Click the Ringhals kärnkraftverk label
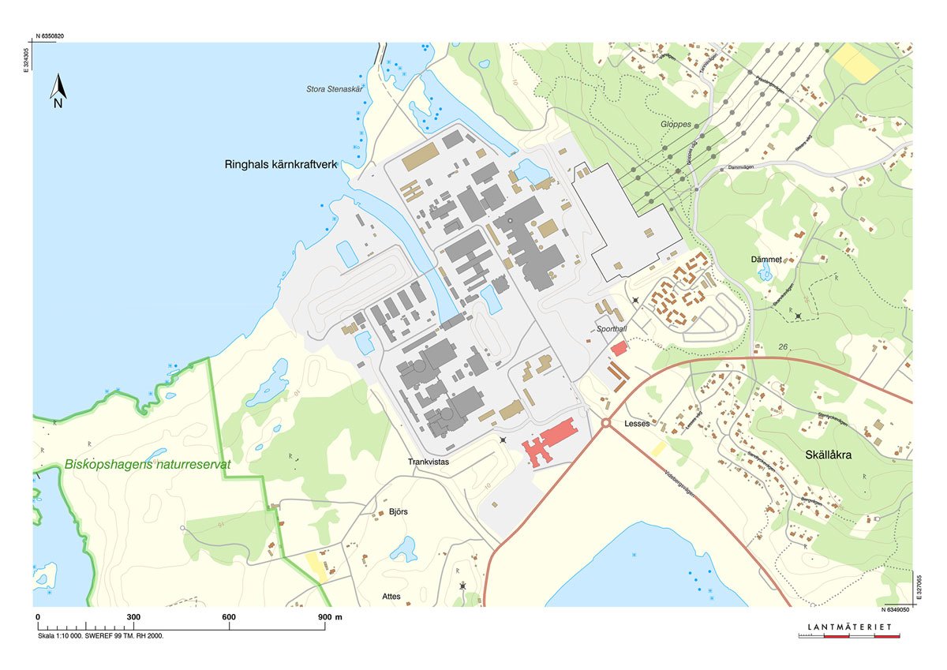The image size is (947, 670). click(279, 165)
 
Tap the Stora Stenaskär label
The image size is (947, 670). click(339, 89)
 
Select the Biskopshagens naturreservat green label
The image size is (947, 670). click(148, 465)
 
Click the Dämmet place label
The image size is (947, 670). click(765, 259)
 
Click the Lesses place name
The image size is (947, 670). click(636, 424)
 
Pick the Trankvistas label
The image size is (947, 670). click(428, 462)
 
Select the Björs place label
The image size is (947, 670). click(399, 512)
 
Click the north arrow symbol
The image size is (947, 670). click(58, 91)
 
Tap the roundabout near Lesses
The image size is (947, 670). click(606, 424)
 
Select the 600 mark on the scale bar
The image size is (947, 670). click(229, 617)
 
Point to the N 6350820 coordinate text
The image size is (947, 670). click(50, 36)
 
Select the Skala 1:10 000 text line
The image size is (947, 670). click(100, 635)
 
